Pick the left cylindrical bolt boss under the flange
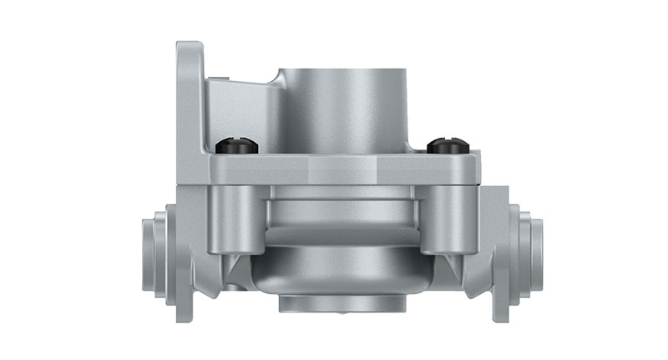pos(234,219)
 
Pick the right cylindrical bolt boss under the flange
pos(443,219)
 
